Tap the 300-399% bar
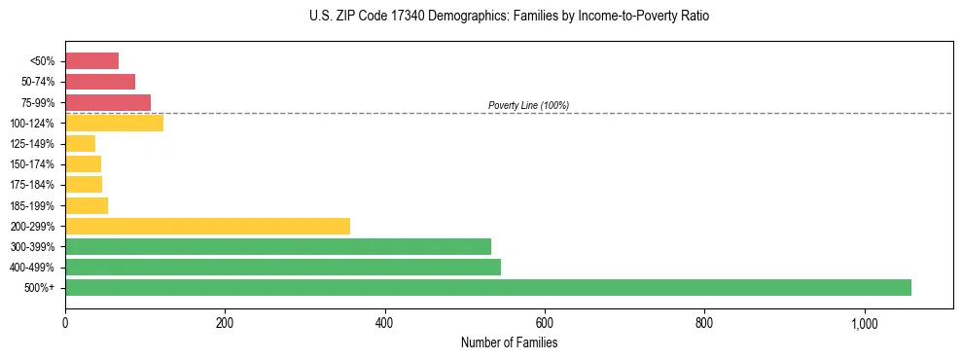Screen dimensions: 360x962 pos(278,246)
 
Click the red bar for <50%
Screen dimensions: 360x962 pos(91,61)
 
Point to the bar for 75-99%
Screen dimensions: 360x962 pos(108,102)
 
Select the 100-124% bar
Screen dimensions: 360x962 pos(114,123)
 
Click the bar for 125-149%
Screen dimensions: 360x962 pos(80,144)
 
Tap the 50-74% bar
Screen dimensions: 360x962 pos(100,82)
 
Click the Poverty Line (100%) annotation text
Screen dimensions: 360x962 pos(528,105)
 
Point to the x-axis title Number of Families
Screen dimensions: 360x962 pos(509,342)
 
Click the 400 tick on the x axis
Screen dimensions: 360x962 pos(385,323)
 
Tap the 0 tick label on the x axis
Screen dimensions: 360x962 pos(65,323)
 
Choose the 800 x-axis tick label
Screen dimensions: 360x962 pos(704,323)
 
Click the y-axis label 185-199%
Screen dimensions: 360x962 pos(32,206)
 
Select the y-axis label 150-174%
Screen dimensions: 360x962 pos(32,164)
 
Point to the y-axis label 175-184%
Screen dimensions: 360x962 pos(32,185)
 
